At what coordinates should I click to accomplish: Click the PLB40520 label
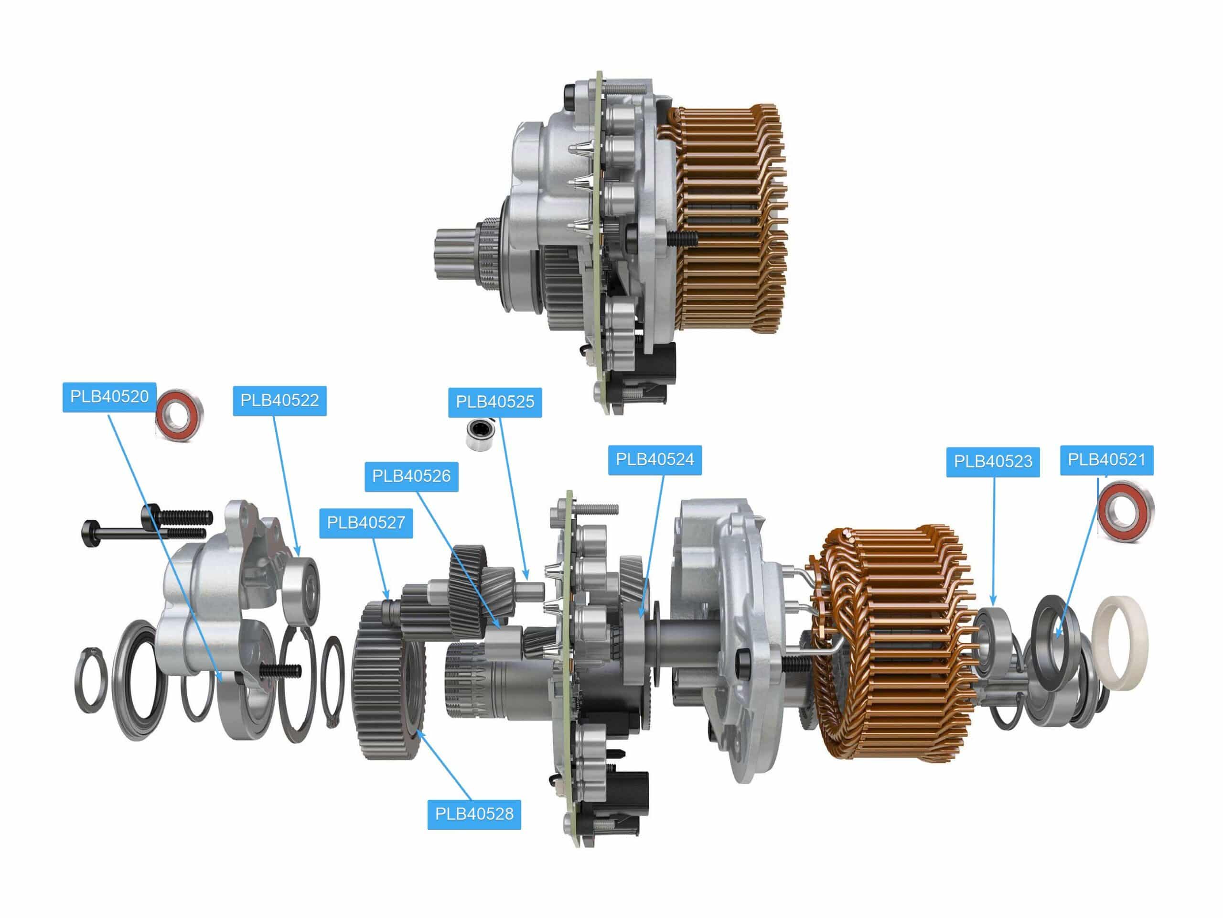pos(109,397)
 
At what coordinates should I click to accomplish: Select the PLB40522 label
pos(280,400)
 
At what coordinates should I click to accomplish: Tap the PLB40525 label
pos(495,402)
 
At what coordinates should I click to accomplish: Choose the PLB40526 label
pos(411,476)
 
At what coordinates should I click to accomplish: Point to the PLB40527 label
pos(366,523)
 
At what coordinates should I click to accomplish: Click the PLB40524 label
pos(654,459)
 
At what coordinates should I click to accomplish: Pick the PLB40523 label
pos(993,461)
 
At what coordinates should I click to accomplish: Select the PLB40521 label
pos(1107,460)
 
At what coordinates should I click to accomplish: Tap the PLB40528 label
pos(474,813)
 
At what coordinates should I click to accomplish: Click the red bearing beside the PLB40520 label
pos(179,416)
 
